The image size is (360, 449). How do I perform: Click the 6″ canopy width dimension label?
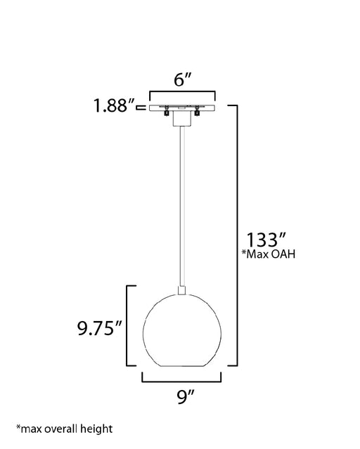pos(182,79)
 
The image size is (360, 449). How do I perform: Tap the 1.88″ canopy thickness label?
pos(114,105)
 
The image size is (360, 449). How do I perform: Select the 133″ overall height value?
pos(266,240)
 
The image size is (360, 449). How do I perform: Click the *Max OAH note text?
pos(269,254)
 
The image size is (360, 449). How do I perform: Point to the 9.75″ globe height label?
pos(100,328)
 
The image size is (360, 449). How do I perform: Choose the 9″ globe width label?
pos(186,397)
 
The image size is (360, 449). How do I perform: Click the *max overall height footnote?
pos(65,429)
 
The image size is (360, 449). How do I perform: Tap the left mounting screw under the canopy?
pos(166,111)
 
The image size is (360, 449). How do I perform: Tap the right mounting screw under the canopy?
pos(197,111)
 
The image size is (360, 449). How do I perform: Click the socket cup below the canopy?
pos(182,119)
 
